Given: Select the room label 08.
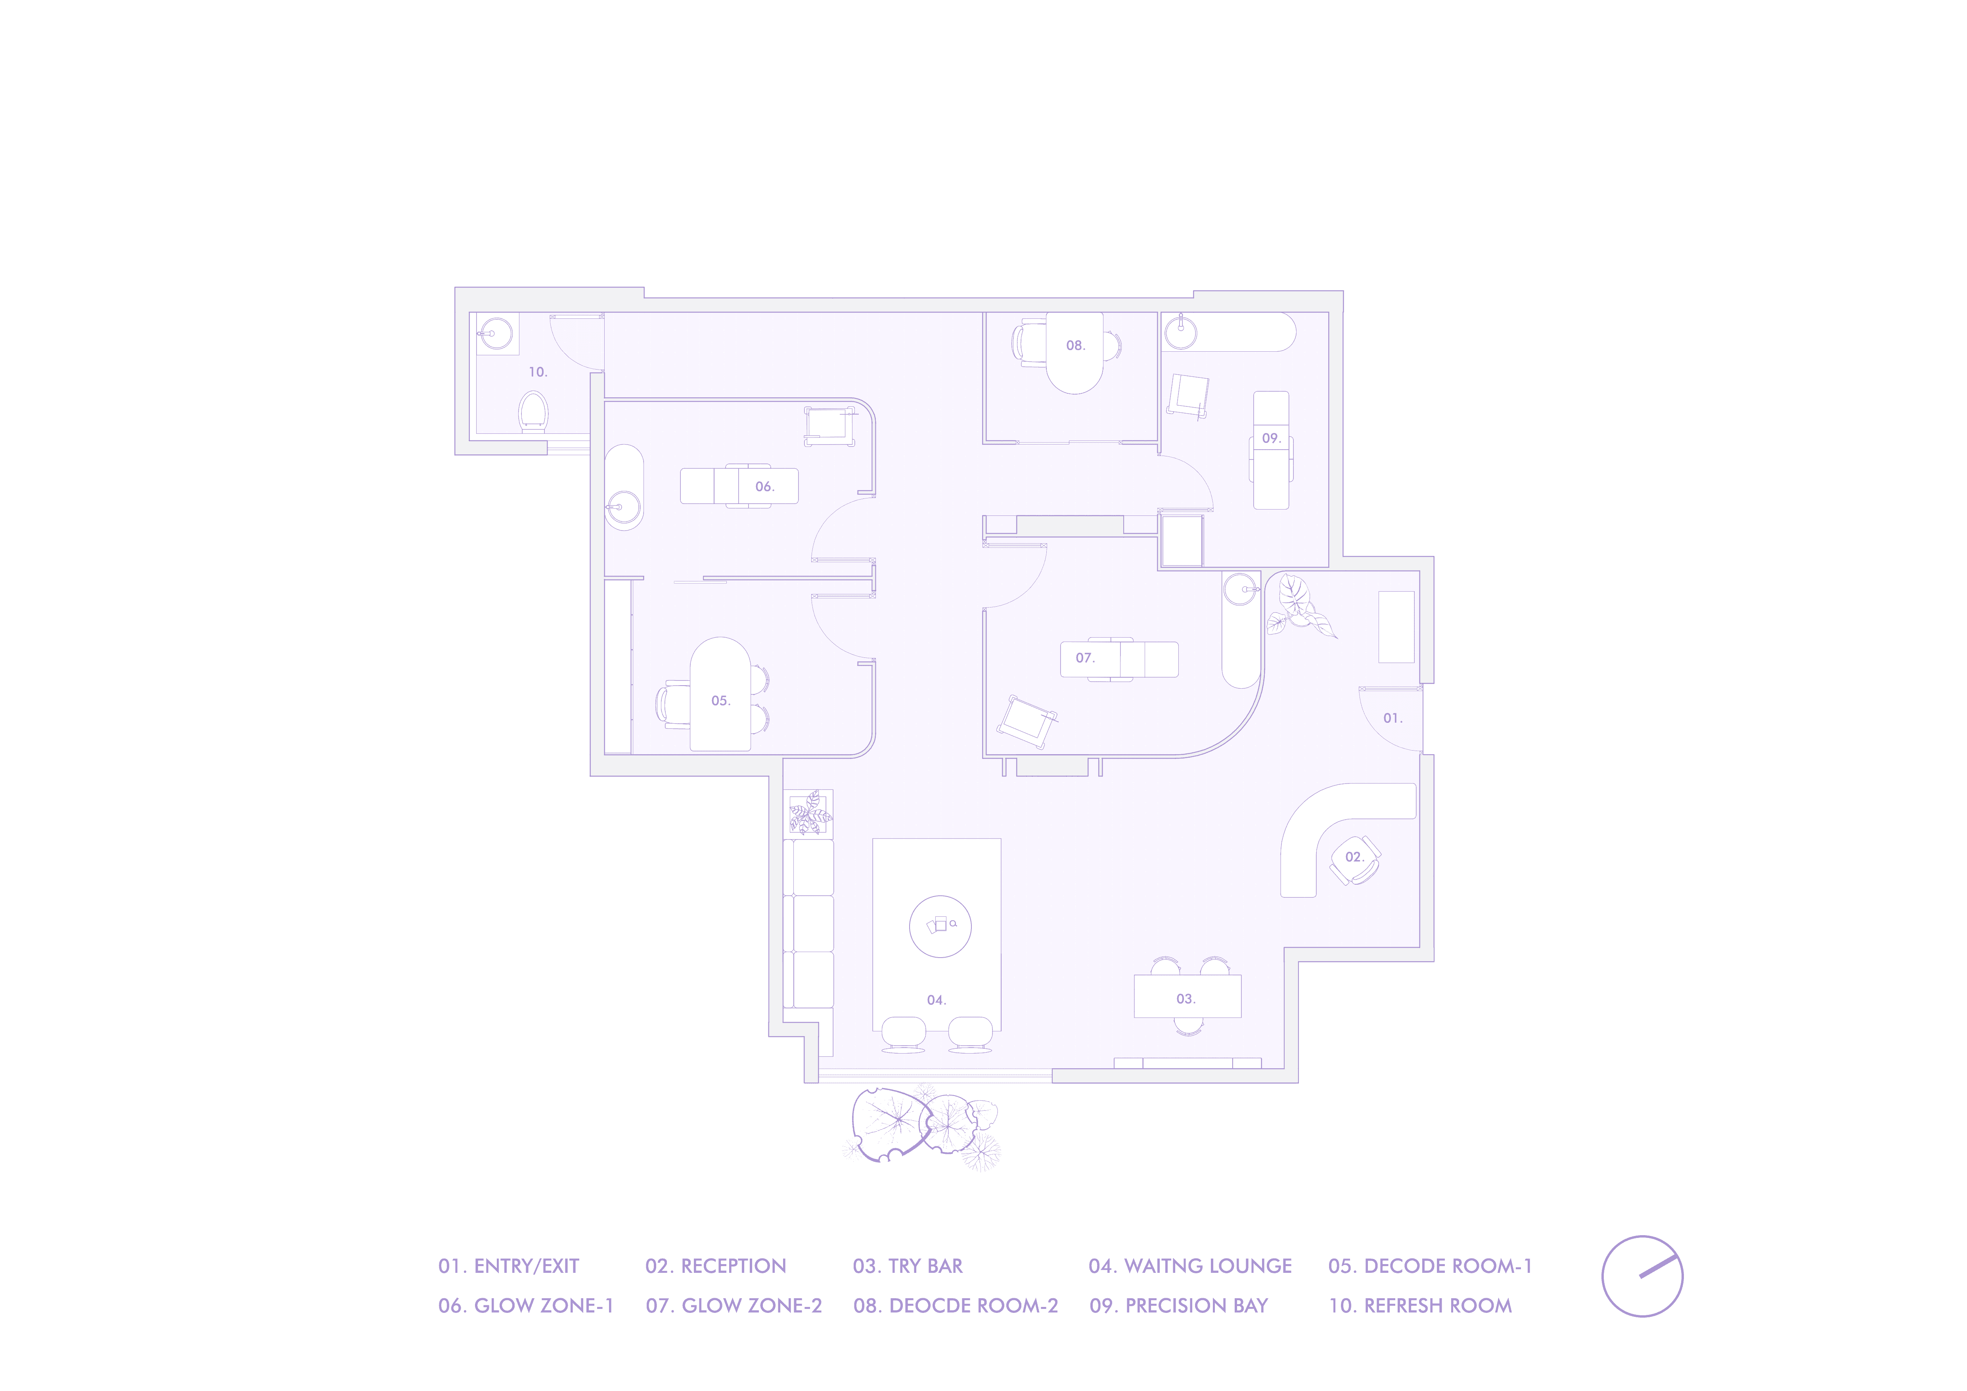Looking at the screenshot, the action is click(x=1075, y=345).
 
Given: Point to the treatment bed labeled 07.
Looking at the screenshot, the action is click(x=1119, y=659).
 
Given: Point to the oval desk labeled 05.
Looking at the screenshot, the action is click(x=720, y=695).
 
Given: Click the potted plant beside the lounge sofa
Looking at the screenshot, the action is click(x=810, y=812).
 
